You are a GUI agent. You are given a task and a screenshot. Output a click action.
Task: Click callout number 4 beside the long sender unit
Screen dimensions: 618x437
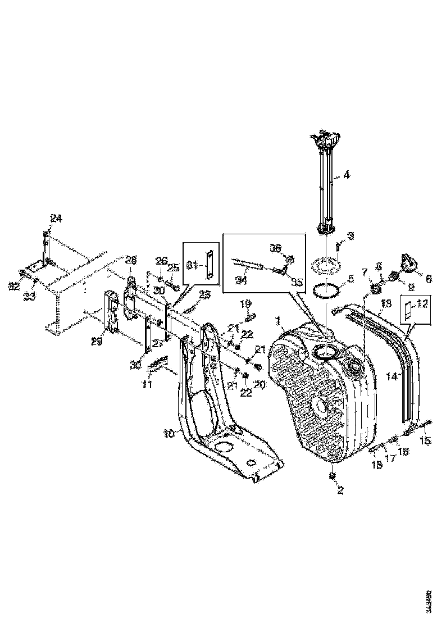click(347, 175)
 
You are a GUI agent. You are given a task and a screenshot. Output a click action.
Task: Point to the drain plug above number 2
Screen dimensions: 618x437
click(332, 475)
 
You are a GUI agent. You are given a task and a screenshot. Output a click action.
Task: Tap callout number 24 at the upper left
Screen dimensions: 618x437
click(56, 219)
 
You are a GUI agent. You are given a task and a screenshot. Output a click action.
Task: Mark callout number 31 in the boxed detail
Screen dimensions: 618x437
click(192, 265)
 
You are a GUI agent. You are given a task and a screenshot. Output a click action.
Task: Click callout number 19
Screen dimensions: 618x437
click(245, 303)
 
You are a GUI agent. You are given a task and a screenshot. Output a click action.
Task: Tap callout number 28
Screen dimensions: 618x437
click(130, 260)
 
